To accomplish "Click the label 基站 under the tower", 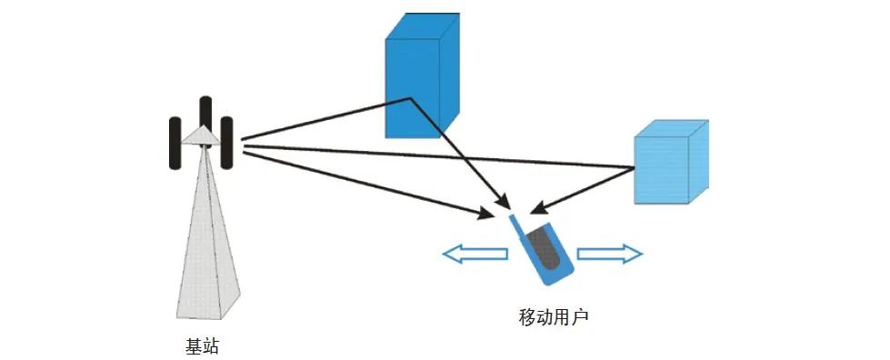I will pos(202,346).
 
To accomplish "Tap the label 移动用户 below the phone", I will pos(555,317).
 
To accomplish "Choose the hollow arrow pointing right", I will pos(610,254).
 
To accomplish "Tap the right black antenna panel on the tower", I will pos(227,143).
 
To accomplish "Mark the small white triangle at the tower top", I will pos(201,135).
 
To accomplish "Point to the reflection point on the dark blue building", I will pos(411,99).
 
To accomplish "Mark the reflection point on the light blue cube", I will pos(633,167).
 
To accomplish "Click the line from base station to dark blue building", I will pos(327,120).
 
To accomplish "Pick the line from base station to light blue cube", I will pos(436,155).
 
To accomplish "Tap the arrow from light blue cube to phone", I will pos(582,188).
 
